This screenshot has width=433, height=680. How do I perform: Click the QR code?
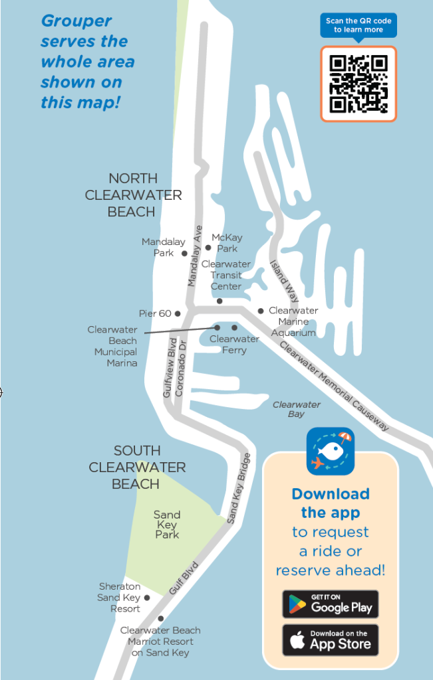[x=359, y=84]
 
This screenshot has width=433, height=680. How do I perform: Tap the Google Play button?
[x=330, y=604]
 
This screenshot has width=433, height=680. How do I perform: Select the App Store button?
[x=330, y=639]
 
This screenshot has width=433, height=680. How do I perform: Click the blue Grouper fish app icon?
[x=331, y=452]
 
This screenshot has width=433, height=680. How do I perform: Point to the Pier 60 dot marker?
[x=178, y=313]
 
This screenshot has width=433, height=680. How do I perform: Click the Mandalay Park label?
[x=163, y=248]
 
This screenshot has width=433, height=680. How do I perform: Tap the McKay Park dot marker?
[x=208, y=248]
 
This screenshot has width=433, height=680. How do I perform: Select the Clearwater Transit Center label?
[x=226, y=275]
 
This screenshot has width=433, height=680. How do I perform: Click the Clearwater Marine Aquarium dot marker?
[x=261, y=311]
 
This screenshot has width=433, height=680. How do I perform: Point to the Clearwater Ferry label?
[x=234, y=344]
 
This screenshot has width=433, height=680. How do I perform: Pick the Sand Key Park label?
[x=167, y=525]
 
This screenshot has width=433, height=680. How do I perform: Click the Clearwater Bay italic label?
[x=297, y=409]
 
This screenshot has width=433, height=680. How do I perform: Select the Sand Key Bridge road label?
[x=239, y=488]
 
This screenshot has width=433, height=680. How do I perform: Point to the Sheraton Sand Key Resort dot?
[x=147, y=598]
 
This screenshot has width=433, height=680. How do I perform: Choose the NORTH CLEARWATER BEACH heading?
[x=133, y=195]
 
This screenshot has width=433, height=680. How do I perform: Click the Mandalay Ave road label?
[x=194, y=256]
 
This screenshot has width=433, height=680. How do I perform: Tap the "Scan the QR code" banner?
[x=359, y=25]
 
